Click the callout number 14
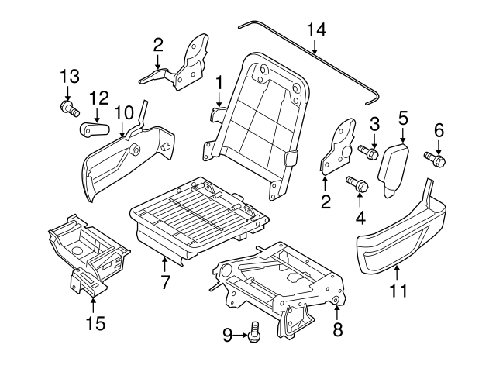pos(316,30)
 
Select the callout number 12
pos(98,98)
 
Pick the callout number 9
pos(227,335)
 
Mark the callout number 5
pos(403,118)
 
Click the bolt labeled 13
pos(68,108)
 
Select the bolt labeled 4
pos(359,185)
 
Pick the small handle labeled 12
pos(94,127)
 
